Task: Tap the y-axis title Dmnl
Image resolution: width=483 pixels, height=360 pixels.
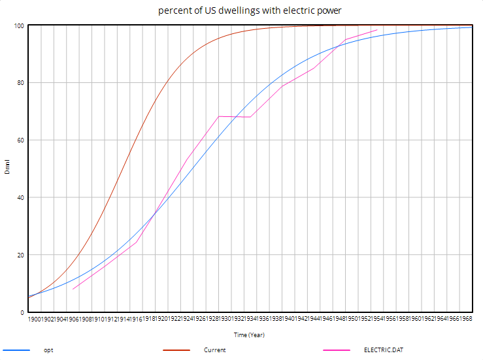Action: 7,169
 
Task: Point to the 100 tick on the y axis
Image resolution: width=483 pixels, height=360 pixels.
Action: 19,25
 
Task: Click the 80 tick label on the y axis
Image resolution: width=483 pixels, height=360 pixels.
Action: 20,83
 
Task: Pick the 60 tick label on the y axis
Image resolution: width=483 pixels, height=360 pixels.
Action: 20,140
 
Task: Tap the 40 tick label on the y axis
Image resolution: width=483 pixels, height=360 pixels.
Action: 20,197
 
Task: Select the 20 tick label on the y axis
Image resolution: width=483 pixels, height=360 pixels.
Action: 20,255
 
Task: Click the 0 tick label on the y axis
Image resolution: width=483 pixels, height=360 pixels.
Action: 22,312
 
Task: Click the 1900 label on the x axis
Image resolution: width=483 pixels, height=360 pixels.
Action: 35,319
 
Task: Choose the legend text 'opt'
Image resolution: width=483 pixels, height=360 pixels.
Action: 48,350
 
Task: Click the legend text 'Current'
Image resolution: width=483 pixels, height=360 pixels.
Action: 215,350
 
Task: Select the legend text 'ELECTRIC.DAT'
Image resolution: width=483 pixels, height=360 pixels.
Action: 383,350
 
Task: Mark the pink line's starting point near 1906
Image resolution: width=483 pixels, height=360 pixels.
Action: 73,289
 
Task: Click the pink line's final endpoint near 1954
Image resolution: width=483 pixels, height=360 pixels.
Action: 377,30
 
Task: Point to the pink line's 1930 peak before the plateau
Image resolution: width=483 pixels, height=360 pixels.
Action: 219,116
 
